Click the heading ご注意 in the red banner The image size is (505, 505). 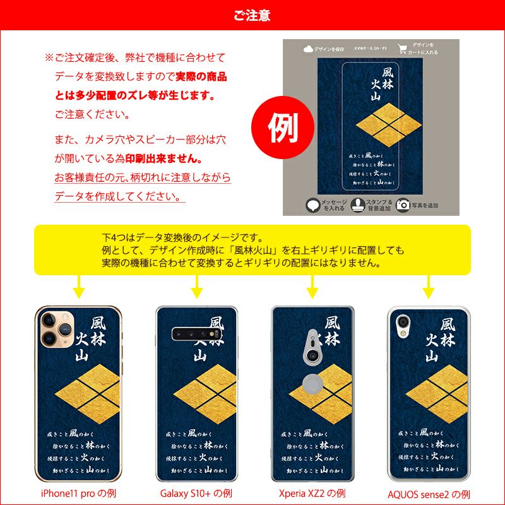(252, 15)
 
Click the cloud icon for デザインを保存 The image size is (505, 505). (308, 49)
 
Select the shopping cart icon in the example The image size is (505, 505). (402, 49)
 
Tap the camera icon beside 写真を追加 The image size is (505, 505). (402, 205)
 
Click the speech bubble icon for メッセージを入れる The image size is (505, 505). (312, 205)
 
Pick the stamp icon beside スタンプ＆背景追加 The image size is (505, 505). (357, 205)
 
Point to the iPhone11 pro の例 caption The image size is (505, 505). (78, 493)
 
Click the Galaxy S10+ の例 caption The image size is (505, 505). (197, 493)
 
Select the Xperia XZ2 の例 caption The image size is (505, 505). (312, 493)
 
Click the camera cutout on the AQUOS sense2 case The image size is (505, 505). (401, 323)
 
